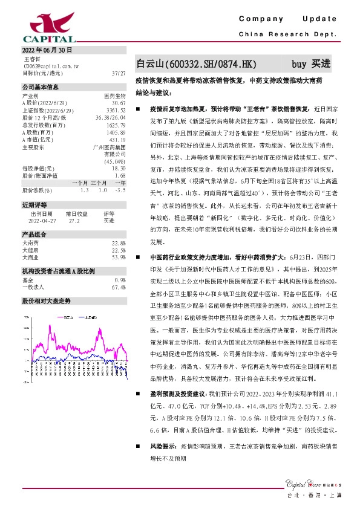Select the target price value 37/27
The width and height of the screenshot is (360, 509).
(x=119, y=73)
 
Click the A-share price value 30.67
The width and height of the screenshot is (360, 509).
(x=119, y=103)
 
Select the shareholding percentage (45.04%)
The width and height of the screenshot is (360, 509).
(x=114, y=161)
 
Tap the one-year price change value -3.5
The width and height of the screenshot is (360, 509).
(x=120, y=190)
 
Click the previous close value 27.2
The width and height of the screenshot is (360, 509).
(x=75, y=221)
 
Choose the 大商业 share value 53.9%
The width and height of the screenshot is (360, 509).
(x=119, y=257)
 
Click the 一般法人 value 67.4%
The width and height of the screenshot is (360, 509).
(x=119, y=287)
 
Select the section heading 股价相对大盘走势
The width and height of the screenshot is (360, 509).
(x=47, y=300)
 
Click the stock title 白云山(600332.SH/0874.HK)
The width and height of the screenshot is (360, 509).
(x=197, y=63)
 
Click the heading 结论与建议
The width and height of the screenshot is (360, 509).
(x=154, y=94)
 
